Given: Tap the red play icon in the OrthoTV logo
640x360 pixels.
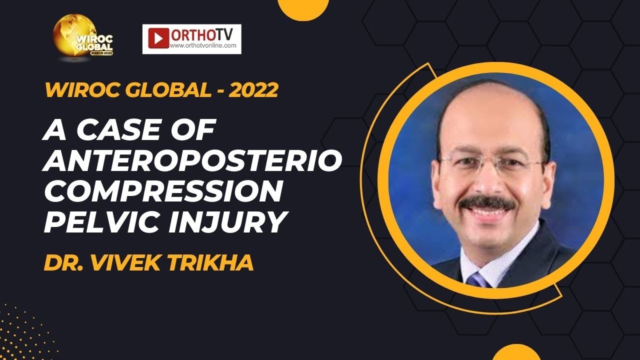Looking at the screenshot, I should tap(158, 38).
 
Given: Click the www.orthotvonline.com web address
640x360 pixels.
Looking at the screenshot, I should tap(202, 45).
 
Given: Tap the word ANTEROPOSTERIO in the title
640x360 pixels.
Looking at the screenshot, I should tap(193, 161).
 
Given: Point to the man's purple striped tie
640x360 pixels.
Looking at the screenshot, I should tap(477, 280).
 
